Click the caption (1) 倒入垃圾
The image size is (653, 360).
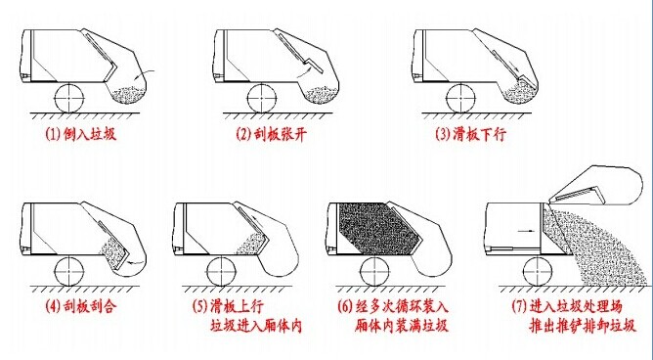[81, 134]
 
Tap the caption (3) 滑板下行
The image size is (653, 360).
[470, 134]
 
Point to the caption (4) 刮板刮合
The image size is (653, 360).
[81, 306]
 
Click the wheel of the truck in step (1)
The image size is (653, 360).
[69, 98]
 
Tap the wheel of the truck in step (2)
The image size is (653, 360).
[262, 98]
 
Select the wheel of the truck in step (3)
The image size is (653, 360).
[461, 98]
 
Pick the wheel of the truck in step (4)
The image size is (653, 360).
[69, 271]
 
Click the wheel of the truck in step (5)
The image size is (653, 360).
[222, 271]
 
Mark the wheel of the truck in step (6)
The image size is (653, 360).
[375, 271]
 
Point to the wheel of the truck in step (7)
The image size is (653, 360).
[538, 271]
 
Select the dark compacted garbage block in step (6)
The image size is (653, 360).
[380, 228]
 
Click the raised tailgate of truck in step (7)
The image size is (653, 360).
[595, 186]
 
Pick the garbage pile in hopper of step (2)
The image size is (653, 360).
[321, 95]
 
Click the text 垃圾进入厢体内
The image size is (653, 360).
[256, 326]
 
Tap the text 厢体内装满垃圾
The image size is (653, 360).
[402, 326]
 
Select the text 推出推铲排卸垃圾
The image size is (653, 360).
[583, 326]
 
